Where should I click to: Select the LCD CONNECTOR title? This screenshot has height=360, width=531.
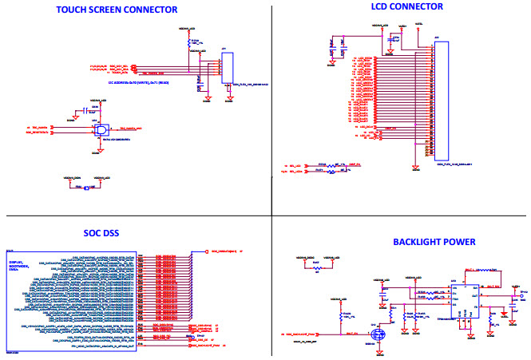tap(407, 6)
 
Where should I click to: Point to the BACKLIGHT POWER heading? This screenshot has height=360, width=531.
tap(434, 242)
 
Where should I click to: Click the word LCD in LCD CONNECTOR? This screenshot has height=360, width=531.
tap(381, 6)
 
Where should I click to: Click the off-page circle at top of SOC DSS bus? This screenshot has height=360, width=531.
tap(206, 251)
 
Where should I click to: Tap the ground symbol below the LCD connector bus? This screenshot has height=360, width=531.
tap(415, 167)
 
